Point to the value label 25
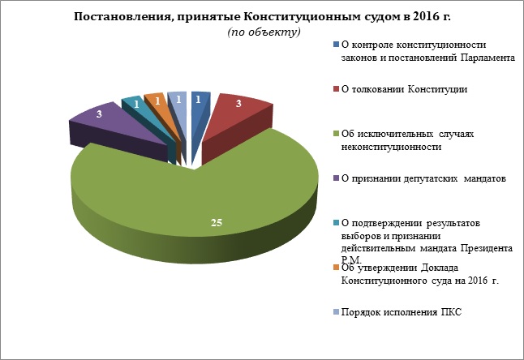(217, 221)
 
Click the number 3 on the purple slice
(99, 115)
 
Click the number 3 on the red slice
(238, 104)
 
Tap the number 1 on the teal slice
(135, 105)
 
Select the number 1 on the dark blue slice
(199, 99)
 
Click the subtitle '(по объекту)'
(263, 32)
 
